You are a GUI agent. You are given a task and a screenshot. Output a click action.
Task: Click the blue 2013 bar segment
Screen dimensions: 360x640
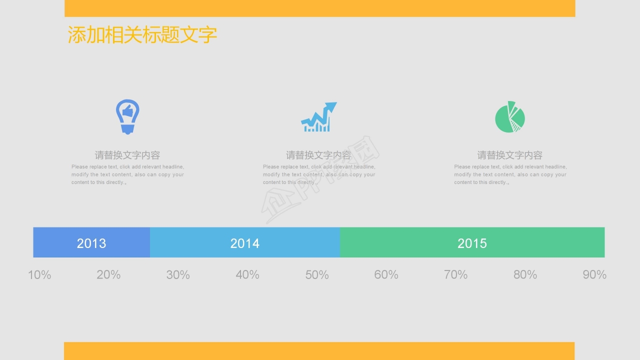pos(91,242)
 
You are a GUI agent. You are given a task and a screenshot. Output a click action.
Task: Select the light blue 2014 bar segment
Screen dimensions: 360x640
pos(245,242)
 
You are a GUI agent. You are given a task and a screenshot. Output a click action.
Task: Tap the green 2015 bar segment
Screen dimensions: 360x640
pos(472,242)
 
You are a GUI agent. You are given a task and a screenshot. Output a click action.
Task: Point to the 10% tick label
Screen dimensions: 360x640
pos(39,274)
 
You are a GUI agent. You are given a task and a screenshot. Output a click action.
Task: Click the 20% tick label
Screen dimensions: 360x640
pos(108,274)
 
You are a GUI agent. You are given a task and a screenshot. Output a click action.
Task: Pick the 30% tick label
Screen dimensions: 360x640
pos(178,274)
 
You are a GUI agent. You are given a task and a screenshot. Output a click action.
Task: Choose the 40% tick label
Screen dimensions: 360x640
pos(247,274)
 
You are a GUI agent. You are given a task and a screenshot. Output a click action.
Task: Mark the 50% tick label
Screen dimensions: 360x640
pos(317,274)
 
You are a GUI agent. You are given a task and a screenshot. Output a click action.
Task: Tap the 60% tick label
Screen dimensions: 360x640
pos(386,274)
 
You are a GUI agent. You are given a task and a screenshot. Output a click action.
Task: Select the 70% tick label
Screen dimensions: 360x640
pos(455,274)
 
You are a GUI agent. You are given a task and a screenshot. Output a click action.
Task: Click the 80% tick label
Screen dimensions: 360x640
pos(525,274)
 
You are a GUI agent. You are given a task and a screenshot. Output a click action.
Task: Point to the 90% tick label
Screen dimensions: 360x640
pos(594,274)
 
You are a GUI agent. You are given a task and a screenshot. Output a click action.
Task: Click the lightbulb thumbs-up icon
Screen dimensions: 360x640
pos(127,116)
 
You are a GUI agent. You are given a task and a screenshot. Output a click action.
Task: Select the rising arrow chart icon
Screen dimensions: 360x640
pos(319,117)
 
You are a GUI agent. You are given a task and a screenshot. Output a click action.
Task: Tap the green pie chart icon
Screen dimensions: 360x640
pos(509,117)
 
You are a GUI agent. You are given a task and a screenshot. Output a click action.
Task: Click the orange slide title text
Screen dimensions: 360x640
pos(142,35)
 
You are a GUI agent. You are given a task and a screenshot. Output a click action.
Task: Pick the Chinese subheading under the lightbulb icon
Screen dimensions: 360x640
pos(127,155)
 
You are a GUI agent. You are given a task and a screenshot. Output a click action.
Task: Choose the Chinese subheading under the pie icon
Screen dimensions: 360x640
pos(509,155)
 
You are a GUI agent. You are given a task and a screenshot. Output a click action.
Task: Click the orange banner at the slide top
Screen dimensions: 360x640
pos(320,8)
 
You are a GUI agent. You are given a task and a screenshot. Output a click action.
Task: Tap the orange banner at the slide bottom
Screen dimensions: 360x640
pos(319,350)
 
